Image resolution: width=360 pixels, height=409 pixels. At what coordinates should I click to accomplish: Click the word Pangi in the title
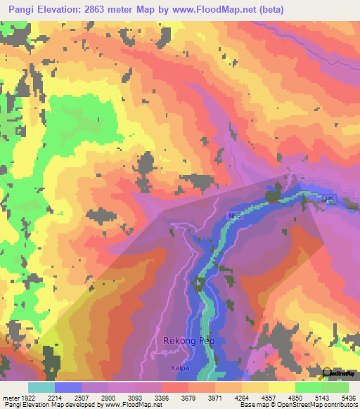[19, 8]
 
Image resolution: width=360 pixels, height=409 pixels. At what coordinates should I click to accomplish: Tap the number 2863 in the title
[109, 8]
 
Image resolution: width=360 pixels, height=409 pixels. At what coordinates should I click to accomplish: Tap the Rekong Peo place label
[188, 341]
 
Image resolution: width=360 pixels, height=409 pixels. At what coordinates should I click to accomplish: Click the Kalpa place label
[180, 368]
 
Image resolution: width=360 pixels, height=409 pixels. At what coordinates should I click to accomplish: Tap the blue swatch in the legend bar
[68, 387]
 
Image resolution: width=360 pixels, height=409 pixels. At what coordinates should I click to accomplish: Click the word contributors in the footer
[338, 405]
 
